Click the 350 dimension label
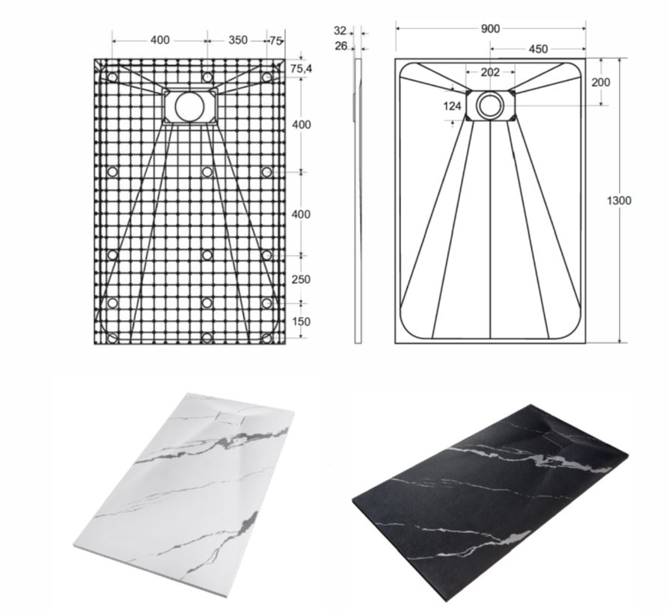tap(238, 40)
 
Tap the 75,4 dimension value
tap(301, 68)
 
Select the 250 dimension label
tap(301, 280)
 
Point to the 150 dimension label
tap(301, 321)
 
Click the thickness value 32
tap(340, 31)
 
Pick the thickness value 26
tap(341, 46)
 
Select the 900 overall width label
tap(490, 28)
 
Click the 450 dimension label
tap(538, 49)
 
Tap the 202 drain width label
tap(490, 73)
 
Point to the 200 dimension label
tap(600, 81)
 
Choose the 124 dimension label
tap(452, 105)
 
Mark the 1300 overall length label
tap(619, 200)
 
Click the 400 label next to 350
tap(160, 40)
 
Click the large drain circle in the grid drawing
tap(189, 106)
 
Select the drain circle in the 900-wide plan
tap(490, 105)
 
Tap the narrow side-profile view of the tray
tap(358, 200)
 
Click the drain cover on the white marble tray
tap(230, 418)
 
